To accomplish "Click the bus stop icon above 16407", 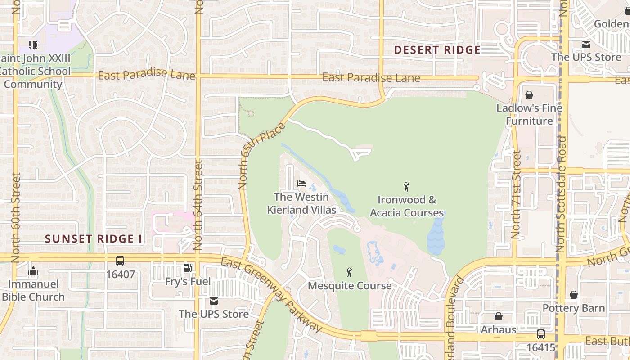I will pos(120,261).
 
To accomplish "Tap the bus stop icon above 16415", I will pos(540,334).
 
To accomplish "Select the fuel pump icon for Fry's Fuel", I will pos(187,269).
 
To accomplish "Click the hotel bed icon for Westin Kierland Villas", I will pos(301,184).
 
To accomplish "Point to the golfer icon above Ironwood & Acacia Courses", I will pos(406,186).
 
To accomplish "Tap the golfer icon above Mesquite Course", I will pos(349,272).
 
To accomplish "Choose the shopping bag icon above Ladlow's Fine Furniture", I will pos(529,95).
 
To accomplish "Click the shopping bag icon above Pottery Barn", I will pos(573,295).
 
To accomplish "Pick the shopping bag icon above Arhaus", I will pos(499,316).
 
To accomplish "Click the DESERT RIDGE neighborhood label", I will pos(437,50).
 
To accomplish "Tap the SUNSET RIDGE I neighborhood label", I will pos(94,239).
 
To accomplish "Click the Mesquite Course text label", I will pos(350,286).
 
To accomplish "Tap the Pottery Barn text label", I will pos(574,308).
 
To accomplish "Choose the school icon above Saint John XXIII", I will pos(33,45).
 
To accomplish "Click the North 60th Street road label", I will pos(16,217).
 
